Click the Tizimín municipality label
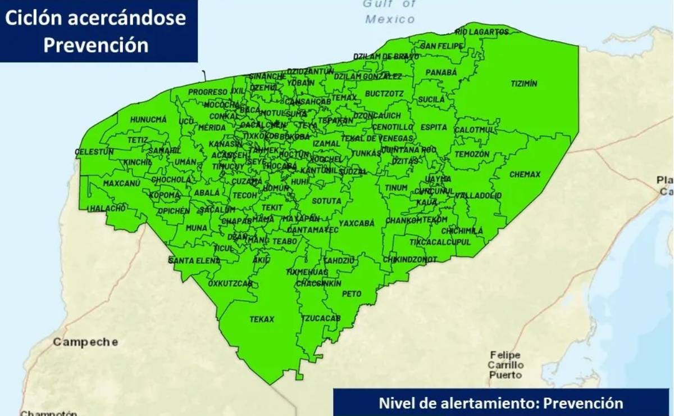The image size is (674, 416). (523, 84)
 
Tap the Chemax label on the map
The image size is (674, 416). (525, 175)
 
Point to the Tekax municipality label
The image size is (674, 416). (262, 319)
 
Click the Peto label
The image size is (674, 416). (352, 294)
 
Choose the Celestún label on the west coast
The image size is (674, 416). (94, 152)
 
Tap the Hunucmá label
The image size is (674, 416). (148, 120)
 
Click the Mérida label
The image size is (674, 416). (212, 128)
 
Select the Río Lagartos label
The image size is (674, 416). (481, 32)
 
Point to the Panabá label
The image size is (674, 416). (441, 73)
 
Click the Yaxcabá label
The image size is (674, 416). (356, 223)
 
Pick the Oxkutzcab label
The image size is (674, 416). (230, 284)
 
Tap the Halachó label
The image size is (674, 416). (107, 209)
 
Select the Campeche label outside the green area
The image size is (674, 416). (85, 342)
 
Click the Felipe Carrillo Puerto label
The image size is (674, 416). (505, 365)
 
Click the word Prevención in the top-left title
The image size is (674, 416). (96, 45)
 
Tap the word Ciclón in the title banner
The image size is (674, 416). (34, 19)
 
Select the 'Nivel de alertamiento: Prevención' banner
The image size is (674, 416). (500, 403)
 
